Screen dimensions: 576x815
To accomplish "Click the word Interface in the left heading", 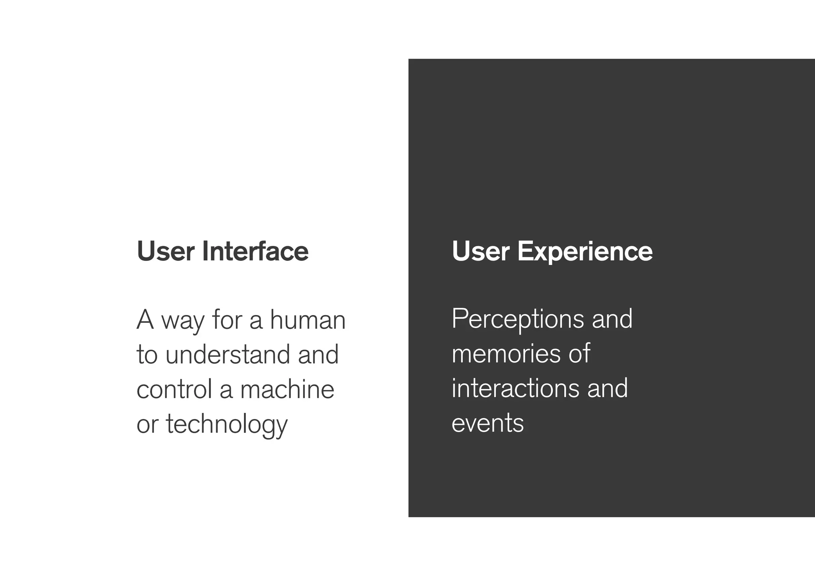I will (x=255, y=251).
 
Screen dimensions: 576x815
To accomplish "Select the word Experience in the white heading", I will (x=585, y=251).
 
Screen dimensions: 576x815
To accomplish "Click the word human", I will (x=308, y=320).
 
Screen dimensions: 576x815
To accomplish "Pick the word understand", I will (x=228, y=354).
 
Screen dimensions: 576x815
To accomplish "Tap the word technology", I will (x=226, y=425).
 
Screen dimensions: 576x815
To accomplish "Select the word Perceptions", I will (x=517, y=320).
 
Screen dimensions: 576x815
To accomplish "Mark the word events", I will (x=487, y=423).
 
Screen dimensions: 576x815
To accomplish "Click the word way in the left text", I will (x=182, y=321).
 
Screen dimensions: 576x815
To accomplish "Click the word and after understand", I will (x=318, y=354).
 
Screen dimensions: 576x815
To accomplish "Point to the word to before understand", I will (x=147, y=354).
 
